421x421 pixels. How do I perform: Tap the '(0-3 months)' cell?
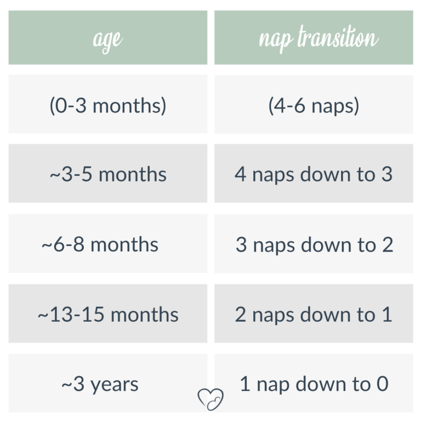tap(108, 105)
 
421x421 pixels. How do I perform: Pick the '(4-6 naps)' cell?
tap(314, 105)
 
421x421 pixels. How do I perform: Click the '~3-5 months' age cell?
tap(108, 174)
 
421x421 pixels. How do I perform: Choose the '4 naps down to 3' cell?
tap(314, 174)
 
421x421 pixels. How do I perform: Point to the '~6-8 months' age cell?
tap(108, 244)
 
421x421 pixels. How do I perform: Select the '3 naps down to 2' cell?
tap(314, 244)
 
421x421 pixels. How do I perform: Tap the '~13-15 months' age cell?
tap(108, 315)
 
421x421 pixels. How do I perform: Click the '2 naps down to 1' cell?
tap(314, 315)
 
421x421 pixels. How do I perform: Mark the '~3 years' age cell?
tap(108, 384)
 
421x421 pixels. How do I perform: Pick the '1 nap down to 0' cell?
tap(314, 384)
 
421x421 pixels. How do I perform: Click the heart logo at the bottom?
tap(210, 399)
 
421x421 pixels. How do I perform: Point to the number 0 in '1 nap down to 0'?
tap(382, 384)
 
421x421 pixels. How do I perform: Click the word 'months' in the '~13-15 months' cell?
tap(144, 315)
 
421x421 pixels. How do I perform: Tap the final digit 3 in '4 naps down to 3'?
tap(386, 174)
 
